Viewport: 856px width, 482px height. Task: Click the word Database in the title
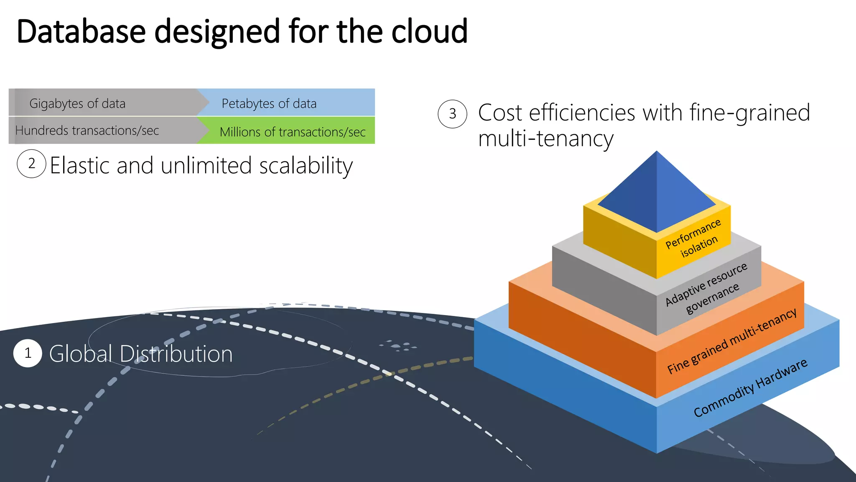tap(81, 31)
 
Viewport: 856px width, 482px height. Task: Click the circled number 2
tap(31, 164)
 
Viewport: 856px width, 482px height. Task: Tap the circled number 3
tap(452, 114)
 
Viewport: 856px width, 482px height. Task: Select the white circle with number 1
tap(28, 353)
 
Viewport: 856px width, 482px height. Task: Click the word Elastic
tap(80, 165)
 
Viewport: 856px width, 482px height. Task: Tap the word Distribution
tap(176, 354)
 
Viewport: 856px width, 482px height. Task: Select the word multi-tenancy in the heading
tap(545, 139)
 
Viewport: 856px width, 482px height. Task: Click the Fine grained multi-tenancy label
tap(731, 341)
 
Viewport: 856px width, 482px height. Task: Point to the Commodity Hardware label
tap(750, 388)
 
